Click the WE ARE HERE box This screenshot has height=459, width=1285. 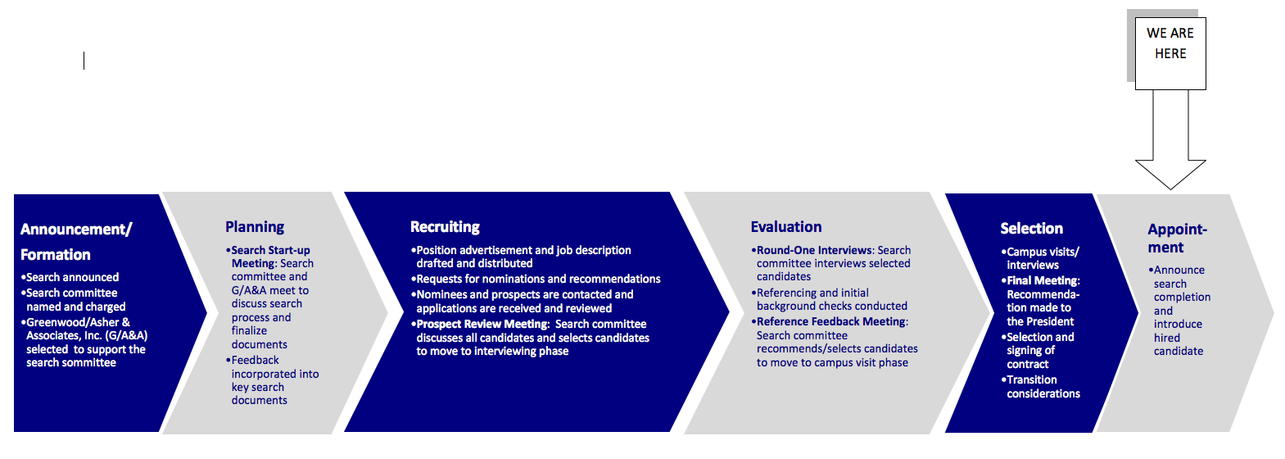(1170, 53)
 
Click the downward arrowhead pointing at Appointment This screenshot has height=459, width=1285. (1170, 175)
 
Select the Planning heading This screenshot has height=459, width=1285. (255, 228)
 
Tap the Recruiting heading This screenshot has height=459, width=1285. (446, 228)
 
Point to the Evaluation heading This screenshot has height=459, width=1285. (786, 227)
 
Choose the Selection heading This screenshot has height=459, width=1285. (1031, 229)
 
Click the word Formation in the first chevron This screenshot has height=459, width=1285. (56, 254)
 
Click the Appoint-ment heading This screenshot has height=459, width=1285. (1177, 239)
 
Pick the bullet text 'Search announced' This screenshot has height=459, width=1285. (72, 278)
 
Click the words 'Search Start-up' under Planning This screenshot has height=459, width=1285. (270, 251)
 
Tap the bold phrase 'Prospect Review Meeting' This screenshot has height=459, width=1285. (482, 324)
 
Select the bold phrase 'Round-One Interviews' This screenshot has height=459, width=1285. (814, 251)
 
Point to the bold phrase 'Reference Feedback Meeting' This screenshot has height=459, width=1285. (832, 321)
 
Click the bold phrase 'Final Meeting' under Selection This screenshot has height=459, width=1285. (1042, 281)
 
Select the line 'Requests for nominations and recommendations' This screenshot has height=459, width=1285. (538, 279)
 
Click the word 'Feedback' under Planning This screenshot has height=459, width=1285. (255, 360)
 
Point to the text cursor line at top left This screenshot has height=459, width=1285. (84, 61)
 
